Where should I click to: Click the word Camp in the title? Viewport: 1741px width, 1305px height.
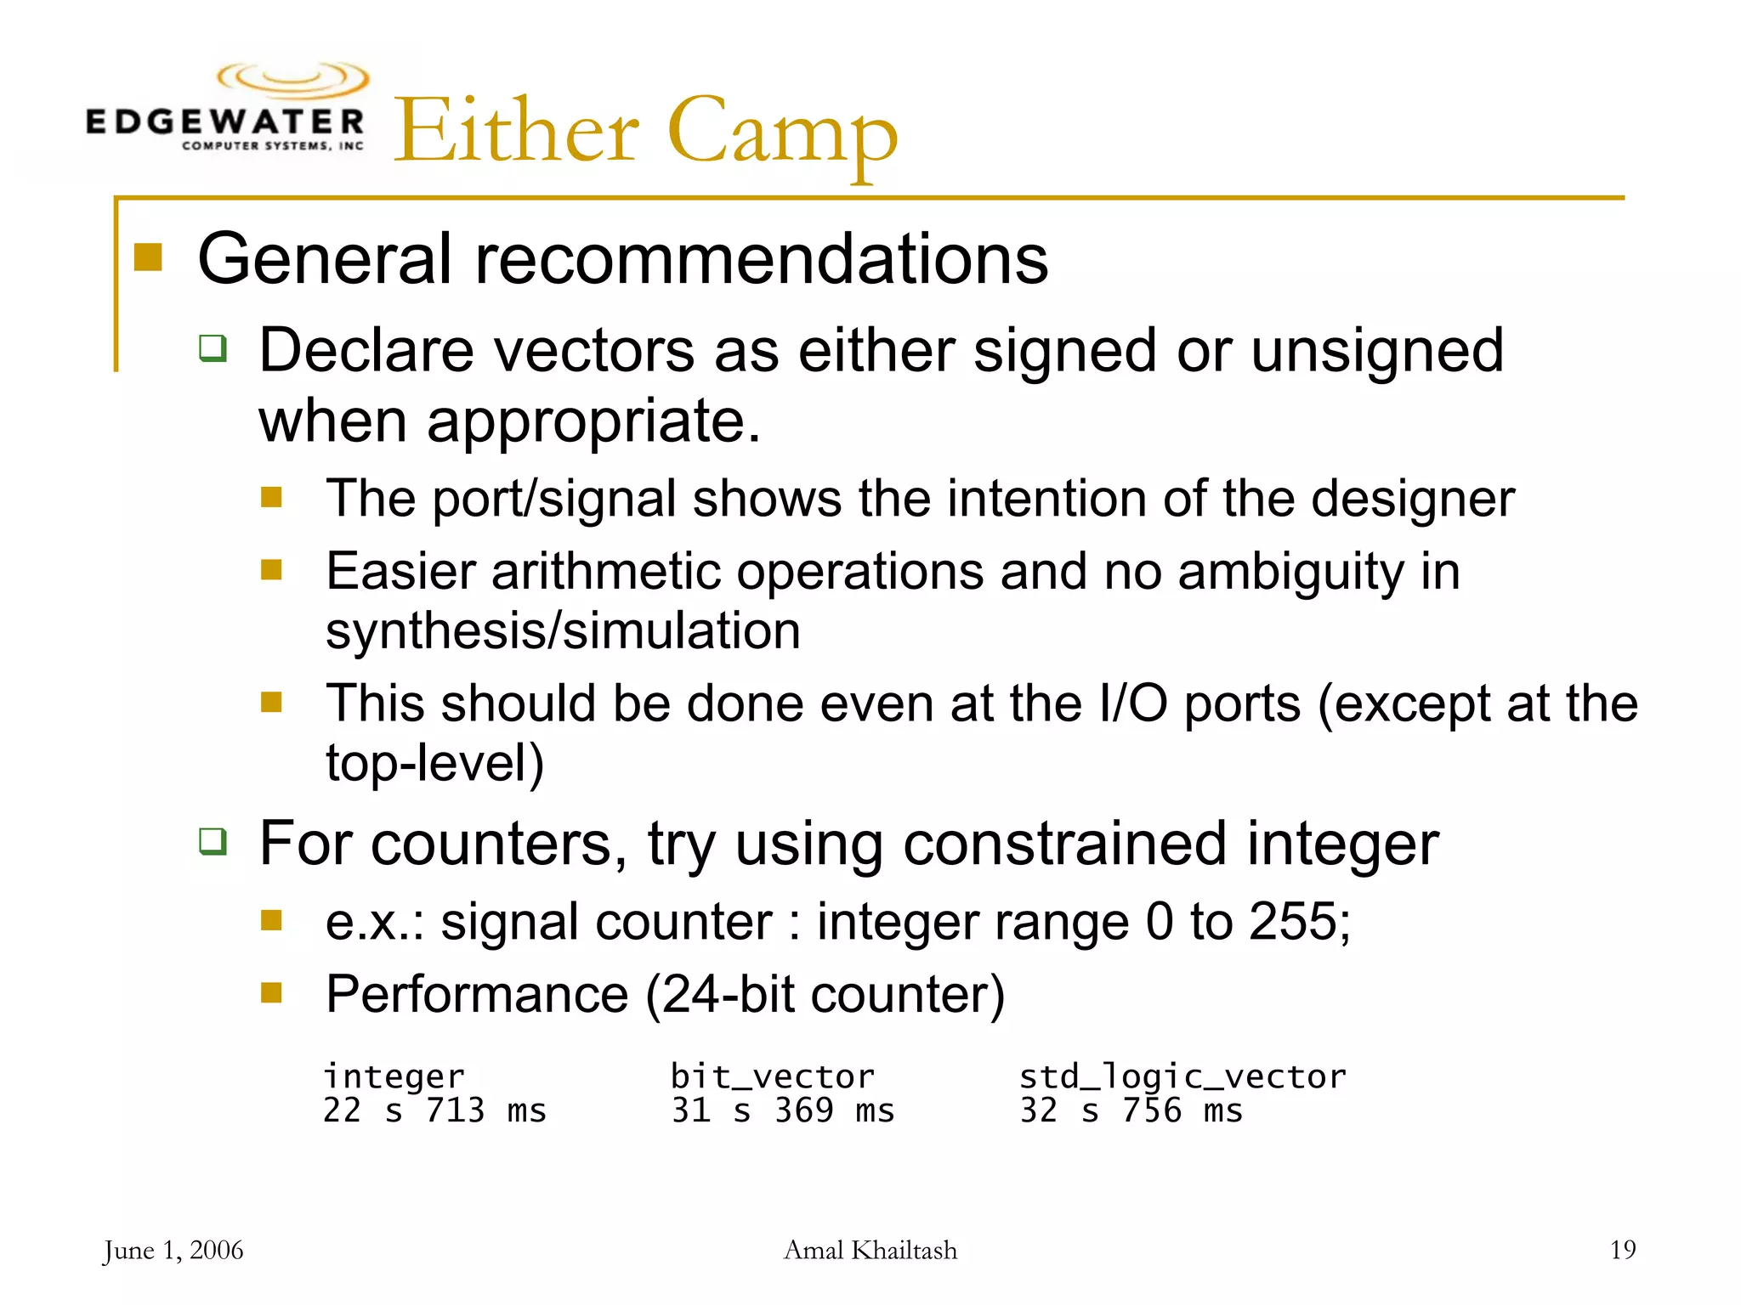click(x=782, y=132)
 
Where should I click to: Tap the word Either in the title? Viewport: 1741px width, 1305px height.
click(x=516, y=132)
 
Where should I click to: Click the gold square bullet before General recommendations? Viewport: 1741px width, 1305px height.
click(x=148, y=257)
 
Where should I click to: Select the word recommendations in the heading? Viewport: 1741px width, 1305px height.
click(x=761, y=259)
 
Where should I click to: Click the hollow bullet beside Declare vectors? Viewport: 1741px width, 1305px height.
click(x=213, y=348)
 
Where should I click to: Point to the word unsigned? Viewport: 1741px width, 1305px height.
click(x=1377, y=351)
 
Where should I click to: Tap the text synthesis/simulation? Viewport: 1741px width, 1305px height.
click(x=563, y=631)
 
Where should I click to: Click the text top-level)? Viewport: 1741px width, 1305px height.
click(x=434, y=763)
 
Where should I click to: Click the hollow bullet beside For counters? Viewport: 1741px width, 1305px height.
click(x=213, y=841)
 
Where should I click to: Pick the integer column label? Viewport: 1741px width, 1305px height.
click(x=394, y=1077)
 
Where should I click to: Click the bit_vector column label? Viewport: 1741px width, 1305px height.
click(x=772, y=1077)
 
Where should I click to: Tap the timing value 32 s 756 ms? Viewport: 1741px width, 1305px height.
click(x=1131, y=1111)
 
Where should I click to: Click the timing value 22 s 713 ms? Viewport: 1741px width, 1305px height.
click(x=434, y=1111)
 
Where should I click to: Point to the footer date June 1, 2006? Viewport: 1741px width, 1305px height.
click(x=173, y=1251)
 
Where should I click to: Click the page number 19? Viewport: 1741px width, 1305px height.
click(x=1622, y=1250)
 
